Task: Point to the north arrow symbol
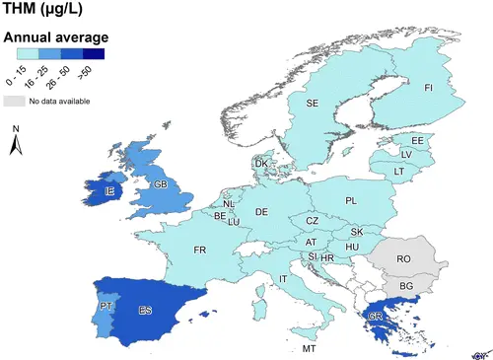coord(16,143)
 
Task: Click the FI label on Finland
coord(429,89)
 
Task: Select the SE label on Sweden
coord(312,103)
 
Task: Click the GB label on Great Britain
coord(158,183)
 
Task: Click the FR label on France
coord(200,250)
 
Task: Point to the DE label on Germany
coord(261,212)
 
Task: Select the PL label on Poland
coord(351,200)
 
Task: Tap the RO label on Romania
coord(403,258)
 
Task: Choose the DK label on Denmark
coord(261,164)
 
